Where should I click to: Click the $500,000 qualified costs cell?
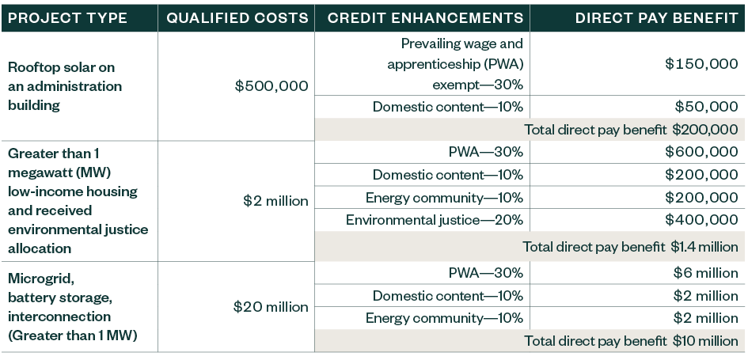tap(271, 86)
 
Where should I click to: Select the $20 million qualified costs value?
tap(271, 307)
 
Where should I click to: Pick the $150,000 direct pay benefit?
tap(701, 64)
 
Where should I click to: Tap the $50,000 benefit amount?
tap(706, 106)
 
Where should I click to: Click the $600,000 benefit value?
tap(701, 152)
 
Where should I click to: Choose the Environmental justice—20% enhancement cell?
tap(435, 220)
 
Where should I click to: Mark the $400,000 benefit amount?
tap(701, 220)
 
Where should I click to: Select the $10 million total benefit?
tap(705, 341)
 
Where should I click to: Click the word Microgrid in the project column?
tap(35, 279)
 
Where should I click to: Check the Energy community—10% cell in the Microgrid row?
tap(444, 318)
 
